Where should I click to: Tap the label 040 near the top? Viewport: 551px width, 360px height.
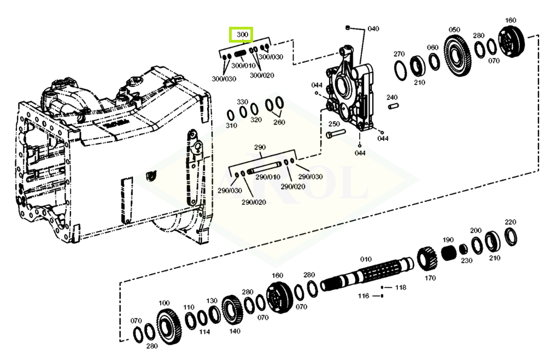[373, 28]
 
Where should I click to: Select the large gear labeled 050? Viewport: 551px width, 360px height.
[457, 56]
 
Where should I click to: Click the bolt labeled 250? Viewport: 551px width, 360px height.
[336, 134]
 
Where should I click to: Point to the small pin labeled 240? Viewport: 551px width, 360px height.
[393, 105]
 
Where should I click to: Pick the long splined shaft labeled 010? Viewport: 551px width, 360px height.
[366, 274]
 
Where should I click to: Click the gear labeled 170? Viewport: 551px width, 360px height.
[427, 259]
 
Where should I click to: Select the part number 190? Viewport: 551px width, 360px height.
[448, 240]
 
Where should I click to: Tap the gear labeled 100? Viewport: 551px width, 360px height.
[168, 327]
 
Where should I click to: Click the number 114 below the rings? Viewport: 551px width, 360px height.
[204, 332]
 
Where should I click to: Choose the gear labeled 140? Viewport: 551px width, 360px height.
[231, 310]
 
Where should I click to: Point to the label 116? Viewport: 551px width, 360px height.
[364, 296]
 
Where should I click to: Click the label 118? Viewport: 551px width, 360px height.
[401, 287]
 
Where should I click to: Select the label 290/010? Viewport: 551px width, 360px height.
[268, 177]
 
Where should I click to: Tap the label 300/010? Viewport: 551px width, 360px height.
[243, 66]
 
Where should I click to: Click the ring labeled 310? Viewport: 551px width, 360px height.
[230, 115]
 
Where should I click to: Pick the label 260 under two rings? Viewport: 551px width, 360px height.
[279, 122]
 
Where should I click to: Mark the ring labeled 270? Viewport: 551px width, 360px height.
[400, 70]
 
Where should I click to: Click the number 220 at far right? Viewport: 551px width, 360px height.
[510, 222]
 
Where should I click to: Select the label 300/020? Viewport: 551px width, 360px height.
[262, 75]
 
